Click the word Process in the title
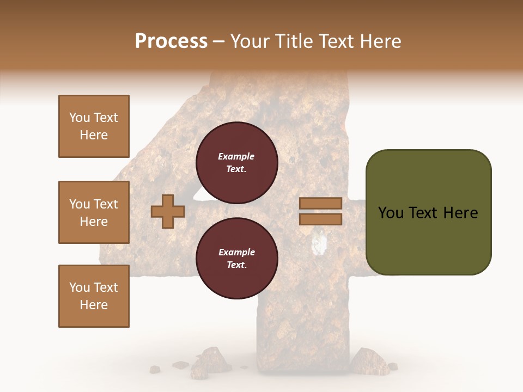[x=171, y=41]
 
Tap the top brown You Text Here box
[x=94, y=126]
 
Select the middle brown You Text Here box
[x=94, y=212]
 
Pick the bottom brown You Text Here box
[x=94, y=296]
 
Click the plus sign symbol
[x=167, y=211]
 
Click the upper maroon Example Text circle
[x=236, y=162]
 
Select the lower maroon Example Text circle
[x=236, y=258]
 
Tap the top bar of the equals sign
[x=320, y=203]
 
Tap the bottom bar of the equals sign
[x=320, y=219]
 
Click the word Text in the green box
[x=427, y=213]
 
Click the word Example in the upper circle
[x=236, y=156]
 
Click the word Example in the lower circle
[x=236, y=252]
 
